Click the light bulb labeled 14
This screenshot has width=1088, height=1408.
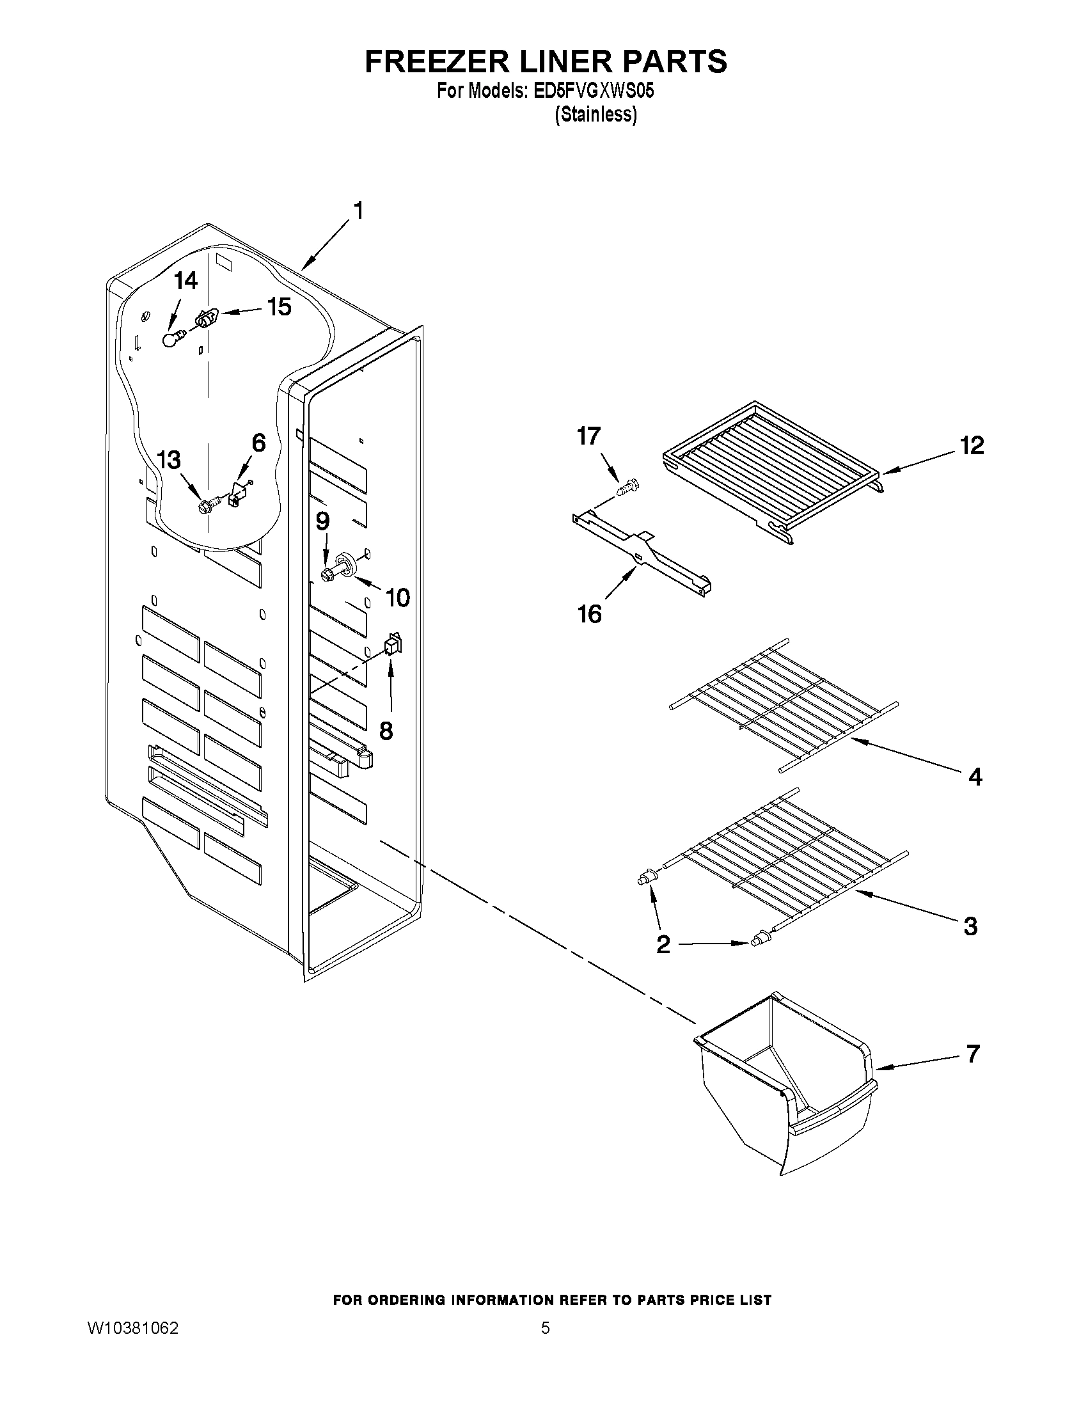click(170, 339)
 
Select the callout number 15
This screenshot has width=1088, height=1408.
click(279, 308)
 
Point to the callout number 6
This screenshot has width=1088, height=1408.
click(258, 443)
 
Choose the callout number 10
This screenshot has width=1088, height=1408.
click(397, 597)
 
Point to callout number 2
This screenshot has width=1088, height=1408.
click(663, 945)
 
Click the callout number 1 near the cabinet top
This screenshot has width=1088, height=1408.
click(358, 211)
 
